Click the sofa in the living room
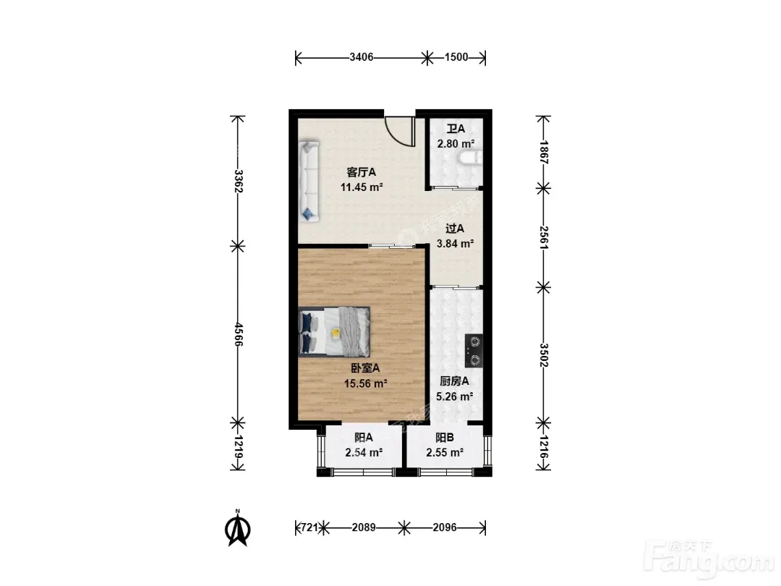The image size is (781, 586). tap(309, 180)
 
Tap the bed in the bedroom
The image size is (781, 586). tap(335, 331)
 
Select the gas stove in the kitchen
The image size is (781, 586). tap(474, 350)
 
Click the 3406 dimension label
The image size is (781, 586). tap(361, 57)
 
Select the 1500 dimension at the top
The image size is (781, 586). tap(456, 57)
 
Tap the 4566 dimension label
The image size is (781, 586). tap(239, 334)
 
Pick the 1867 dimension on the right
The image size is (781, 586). tap(544, 153)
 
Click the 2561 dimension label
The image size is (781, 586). tap(544, 238)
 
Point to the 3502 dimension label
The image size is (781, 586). tap(544, 355)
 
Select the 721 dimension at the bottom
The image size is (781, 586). tap(309, 527)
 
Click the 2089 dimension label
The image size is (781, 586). tap(364, 527)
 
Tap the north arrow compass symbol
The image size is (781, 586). tap(238, 529)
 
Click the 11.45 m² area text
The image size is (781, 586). tap(362, 187)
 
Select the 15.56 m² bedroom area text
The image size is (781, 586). tap(366, 383)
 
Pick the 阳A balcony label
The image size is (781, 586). tap(364, 438)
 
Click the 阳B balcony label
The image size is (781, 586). tap(445, 438)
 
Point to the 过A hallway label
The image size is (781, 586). tap(455, 229)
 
